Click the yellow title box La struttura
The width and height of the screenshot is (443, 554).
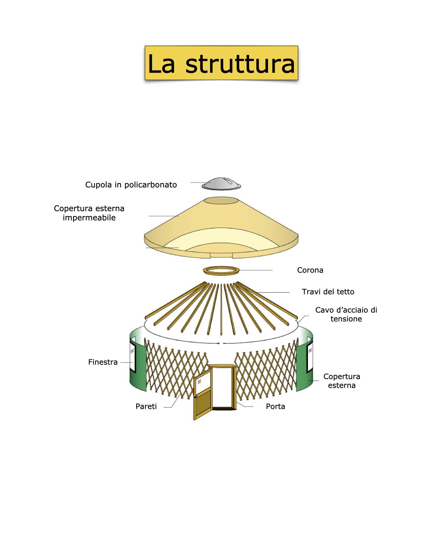point(221,63)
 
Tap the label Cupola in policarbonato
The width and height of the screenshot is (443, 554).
point(131,185)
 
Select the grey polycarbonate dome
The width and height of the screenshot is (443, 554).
point(221,184)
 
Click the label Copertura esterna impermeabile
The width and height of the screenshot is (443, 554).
point(89,213)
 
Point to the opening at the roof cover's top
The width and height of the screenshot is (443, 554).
point(221,201)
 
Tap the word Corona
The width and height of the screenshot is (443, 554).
point(310,270)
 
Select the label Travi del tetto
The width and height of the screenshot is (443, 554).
point(328,292)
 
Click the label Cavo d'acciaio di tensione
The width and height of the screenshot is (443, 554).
point(346,314)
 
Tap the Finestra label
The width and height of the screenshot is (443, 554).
point(103,362)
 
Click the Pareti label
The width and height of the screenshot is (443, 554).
point(146,406)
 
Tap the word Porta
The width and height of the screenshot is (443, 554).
point(275,406)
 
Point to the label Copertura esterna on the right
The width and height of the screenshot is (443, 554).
point(341,381)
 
